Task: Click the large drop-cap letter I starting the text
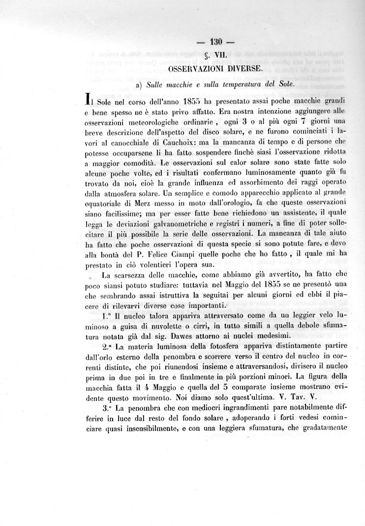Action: click(x=88, y=99)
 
